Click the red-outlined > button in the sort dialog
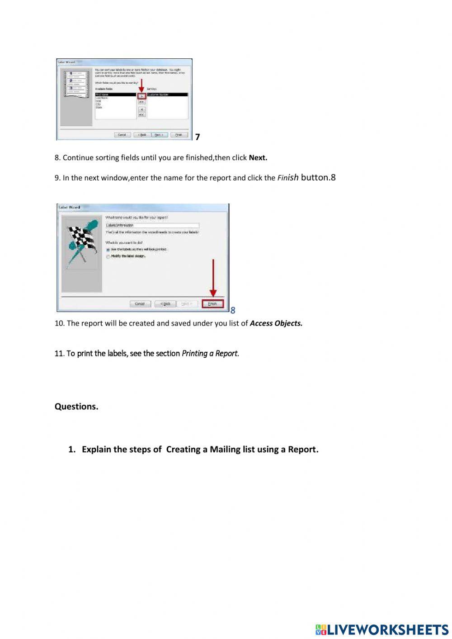click(141, 96)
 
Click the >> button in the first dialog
click(141, 102)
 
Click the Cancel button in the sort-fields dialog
click(122, 135)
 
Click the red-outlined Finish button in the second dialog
click(212, 304)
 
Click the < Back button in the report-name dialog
click(165, 304)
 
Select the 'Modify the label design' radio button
click(108, 256)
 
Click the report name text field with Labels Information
click(151, 225)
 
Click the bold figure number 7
click(198, 137)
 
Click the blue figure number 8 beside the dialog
click(233, 310)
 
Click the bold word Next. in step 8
click(258, 158)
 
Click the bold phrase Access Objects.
click(276, 323)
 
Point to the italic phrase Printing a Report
click(210, 354)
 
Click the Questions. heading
click(76, 407)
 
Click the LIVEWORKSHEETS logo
click(382, 629)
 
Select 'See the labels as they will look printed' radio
click(108, 250)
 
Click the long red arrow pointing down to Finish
click(213, 278)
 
